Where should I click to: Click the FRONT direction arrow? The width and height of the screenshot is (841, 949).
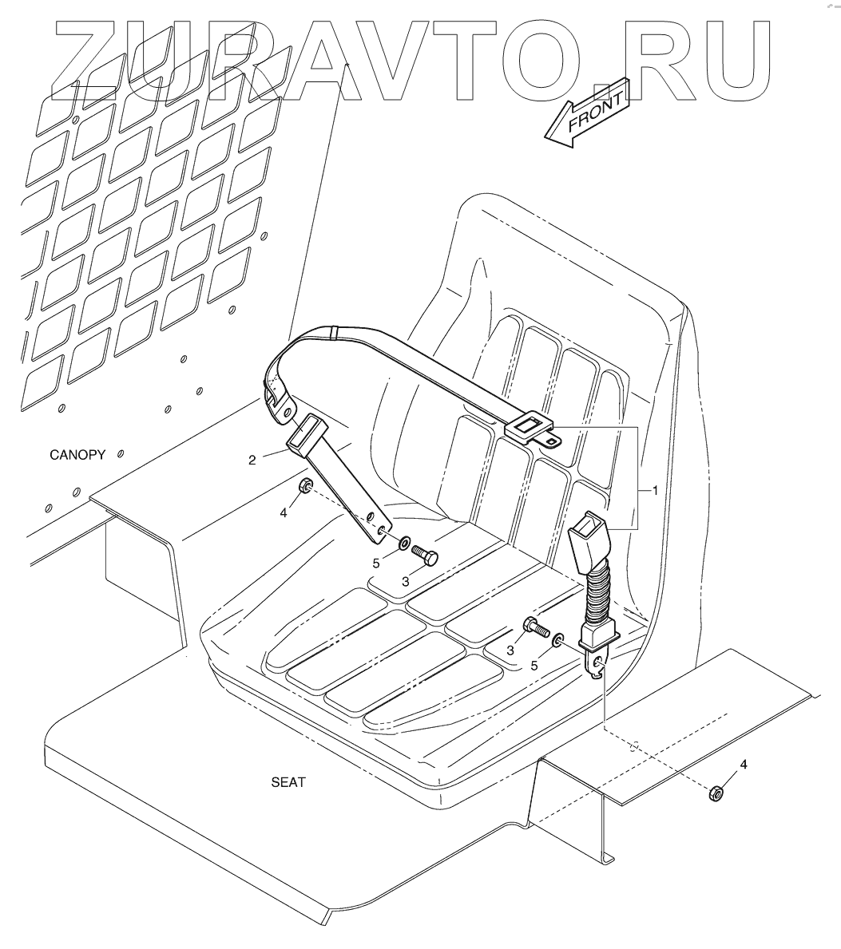click(x=585, y=113)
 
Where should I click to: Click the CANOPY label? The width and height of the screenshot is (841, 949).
click(x=77, y=455)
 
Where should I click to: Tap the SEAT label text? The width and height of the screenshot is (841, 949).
click(x=288, y=782)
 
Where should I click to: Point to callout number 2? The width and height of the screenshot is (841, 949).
click(x=252, y=460)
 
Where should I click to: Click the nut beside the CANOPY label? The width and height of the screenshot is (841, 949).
click(x=304, y=487)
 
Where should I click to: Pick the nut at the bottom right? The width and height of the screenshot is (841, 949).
click(x=716, y=792)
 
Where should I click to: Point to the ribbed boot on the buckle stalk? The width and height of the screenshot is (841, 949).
click(x=597, y=595)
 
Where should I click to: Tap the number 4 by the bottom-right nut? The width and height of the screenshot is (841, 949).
click(x=744, y=765)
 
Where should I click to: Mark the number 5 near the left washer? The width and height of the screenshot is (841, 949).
click(x=377, y=563)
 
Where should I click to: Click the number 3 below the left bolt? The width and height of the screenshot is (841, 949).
click(x=406, y=583)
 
